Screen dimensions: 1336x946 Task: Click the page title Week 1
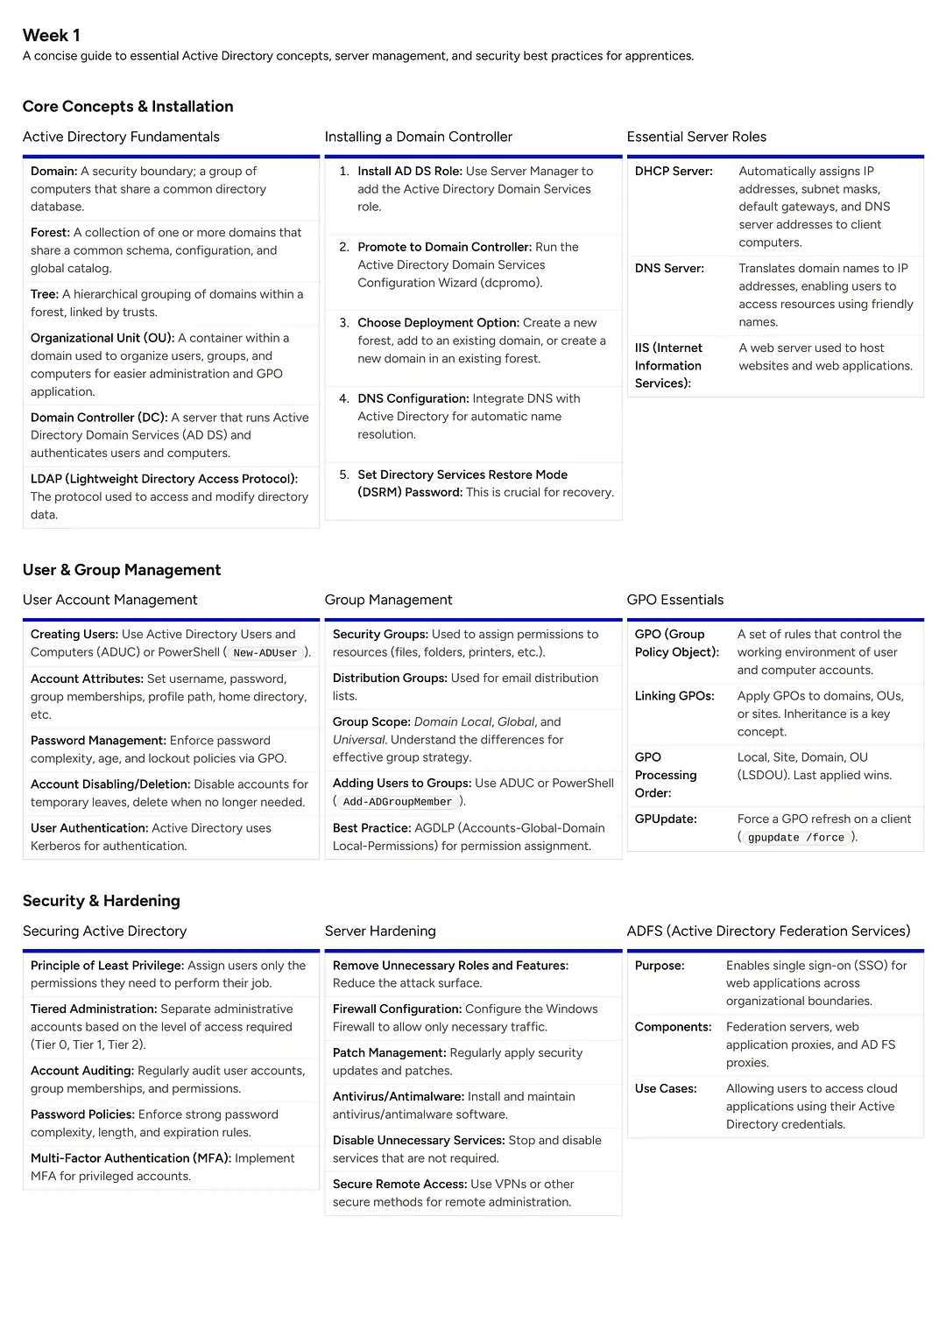[52, 35]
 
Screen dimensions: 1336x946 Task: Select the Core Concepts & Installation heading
[128, 106]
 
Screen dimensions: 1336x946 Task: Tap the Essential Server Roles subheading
[696, 137]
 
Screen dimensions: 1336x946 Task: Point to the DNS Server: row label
[669, 268]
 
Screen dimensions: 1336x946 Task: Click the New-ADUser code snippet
[265, 653]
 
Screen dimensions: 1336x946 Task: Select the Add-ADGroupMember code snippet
[398, 802]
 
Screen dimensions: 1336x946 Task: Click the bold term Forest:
[50, 232]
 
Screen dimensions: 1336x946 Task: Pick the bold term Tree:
[45, 294]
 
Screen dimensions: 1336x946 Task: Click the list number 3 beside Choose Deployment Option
[344, 322]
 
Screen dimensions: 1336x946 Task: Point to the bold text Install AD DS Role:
[410, 171]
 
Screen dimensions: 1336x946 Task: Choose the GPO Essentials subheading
[675, 600]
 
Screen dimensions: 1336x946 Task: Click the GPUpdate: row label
[666, 819]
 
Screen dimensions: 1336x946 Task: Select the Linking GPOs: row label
[674, 696]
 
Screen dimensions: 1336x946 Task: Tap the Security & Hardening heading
[102, 901]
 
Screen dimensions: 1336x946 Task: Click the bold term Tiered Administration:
[94, 1009]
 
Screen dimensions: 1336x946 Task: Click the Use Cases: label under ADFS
[666, 1088]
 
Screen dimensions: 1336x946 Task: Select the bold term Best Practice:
[371, 827]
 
